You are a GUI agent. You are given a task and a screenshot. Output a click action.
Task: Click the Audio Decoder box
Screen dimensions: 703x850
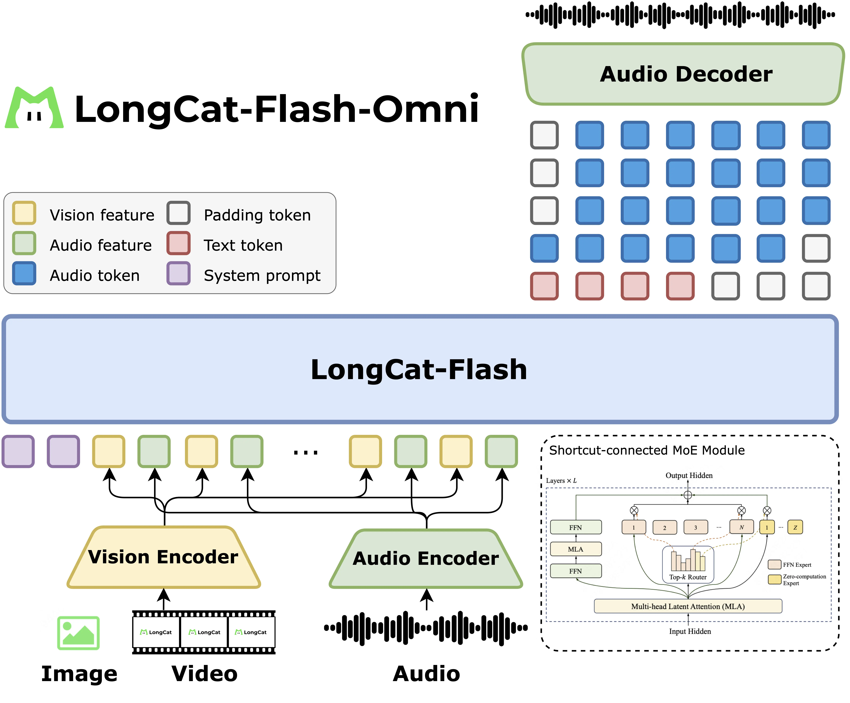point(684,74)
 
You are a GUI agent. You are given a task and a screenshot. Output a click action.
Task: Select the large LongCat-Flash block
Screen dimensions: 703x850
point(419,369)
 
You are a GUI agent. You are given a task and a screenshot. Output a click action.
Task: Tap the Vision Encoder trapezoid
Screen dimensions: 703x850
point(164,557)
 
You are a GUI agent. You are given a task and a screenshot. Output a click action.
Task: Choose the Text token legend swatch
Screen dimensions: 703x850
point(178,243)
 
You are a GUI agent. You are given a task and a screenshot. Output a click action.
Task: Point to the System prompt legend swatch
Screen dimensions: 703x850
point(178,274)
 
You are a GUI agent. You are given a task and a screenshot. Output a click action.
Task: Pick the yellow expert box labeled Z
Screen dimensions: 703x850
point(795,527)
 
